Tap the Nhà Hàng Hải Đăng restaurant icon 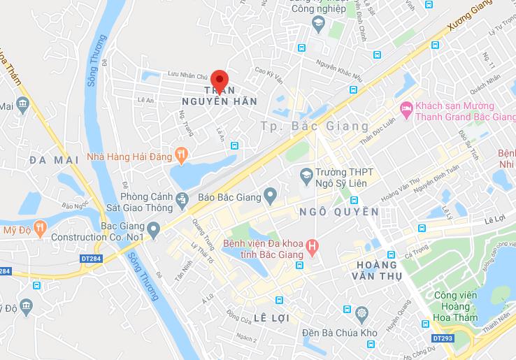(x=181, y=157)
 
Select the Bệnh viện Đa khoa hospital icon (x=313, y=246)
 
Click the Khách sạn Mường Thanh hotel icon (x=406, y=108)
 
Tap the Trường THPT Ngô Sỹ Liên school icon (x=306, y=173)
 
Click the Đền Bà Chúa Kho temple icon (x=361, y=312)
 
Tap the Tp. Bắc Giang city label (x=314, y=127)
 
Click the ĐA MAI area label (x=52, y=160)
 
